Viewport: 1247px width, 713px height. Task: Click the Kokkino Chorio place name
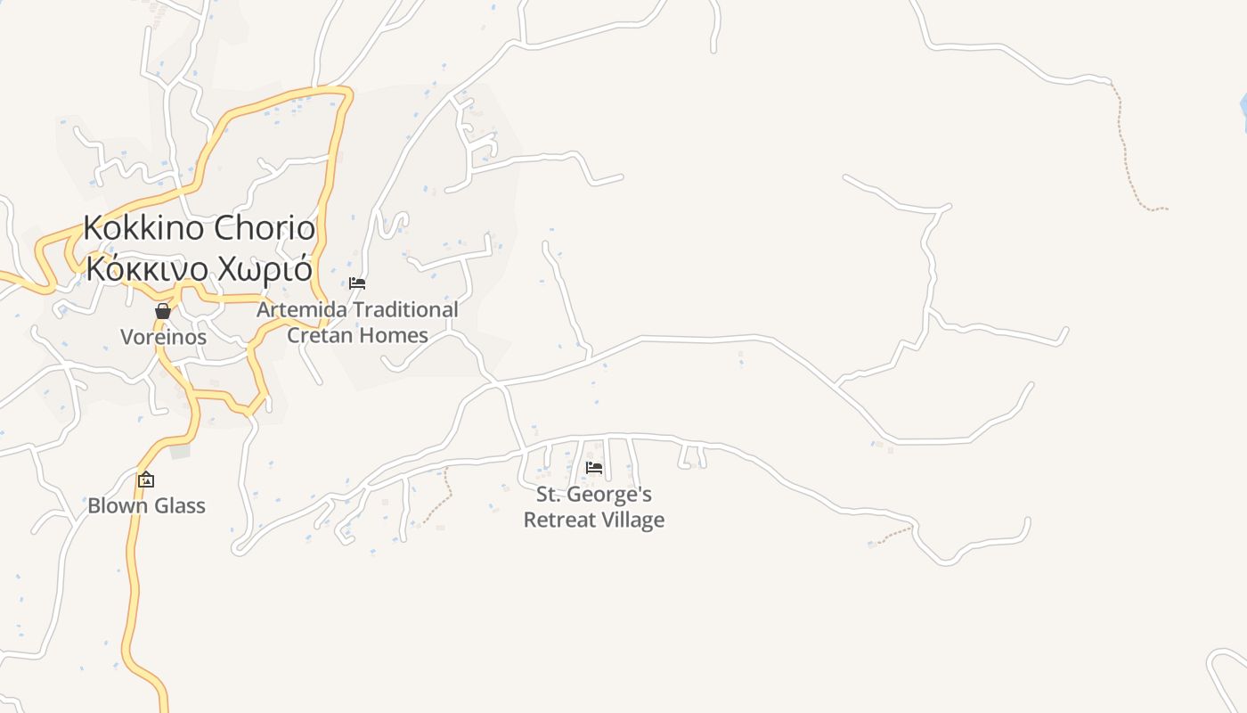(199, 228)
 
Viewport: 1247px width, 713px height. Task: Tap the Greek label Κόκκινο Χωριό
(199, 268)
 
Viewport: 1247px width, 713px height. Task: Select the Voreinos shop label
(163, 337)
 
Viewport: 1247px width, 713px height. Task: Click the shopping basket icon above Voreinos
(163, 311)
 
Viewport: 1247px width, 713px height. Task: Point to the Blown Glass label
(146, 505)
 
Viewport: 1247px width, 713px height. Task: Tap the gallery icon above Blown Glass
(146, 479)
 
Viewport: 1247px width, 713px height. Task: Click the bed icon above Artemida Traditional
(357, 283)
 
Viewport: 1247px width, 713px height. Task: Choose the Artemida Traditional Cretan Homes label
(357, 323)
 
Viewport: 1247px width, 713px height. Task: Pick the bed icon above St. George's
(594, 467)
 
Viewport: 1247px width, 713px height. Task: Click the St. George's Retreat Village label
(594, 507)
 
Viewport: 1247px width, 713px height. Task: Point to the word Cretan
(319, 335)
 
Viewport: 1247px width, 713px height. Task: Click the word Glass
(179, 505)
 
